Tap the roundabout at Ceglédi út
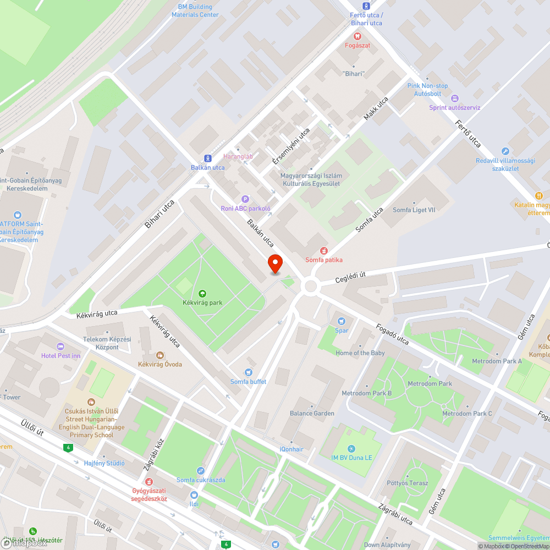[310, 286]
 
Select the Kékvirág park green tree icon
[202, 294]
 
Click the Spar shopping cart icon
[342, 321]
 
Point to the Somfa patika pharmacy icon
[324, 250]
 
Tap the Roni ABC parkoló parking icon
[245, 199]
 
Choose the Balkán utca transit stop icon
[207, 158]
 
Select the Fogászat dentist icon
[358, 35]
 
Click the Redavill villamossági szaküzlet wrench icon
[505, 151]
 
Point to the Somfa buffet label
[248, 382]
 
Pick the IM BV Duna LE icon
[351, 449]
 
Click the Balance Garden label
[312, 413]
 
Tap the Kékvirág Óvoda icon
[160, 355]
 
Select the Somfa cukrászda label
[201, 480]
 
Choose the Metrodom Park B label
[366, 393]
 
